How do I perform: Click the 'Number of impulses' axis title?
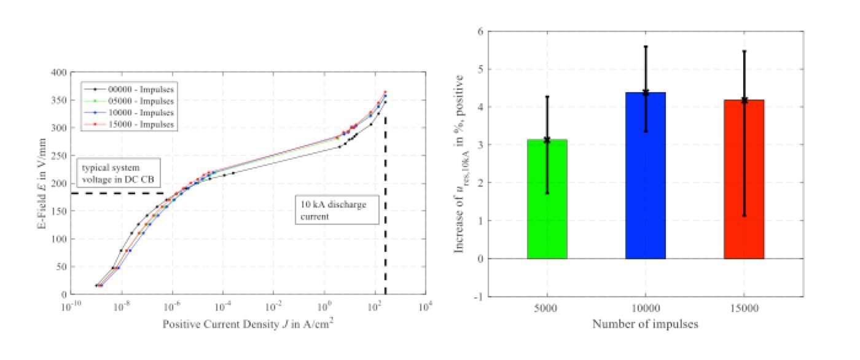click(645, 324)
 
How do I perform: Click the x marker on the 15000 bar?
click(744, 100)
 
